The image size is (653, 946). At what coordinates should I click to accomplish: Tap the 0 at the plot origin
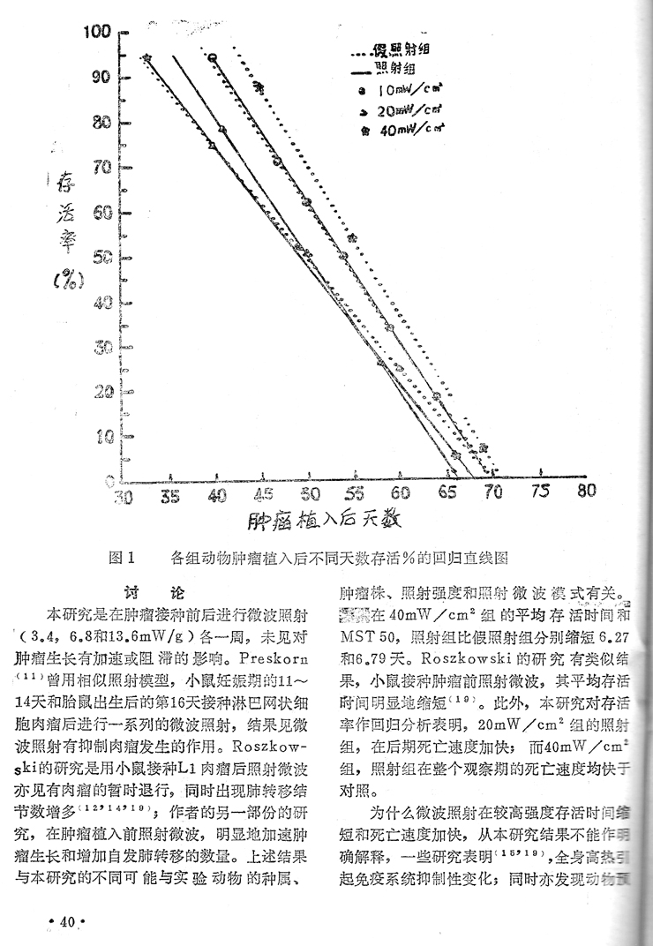tap(109, 481)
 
